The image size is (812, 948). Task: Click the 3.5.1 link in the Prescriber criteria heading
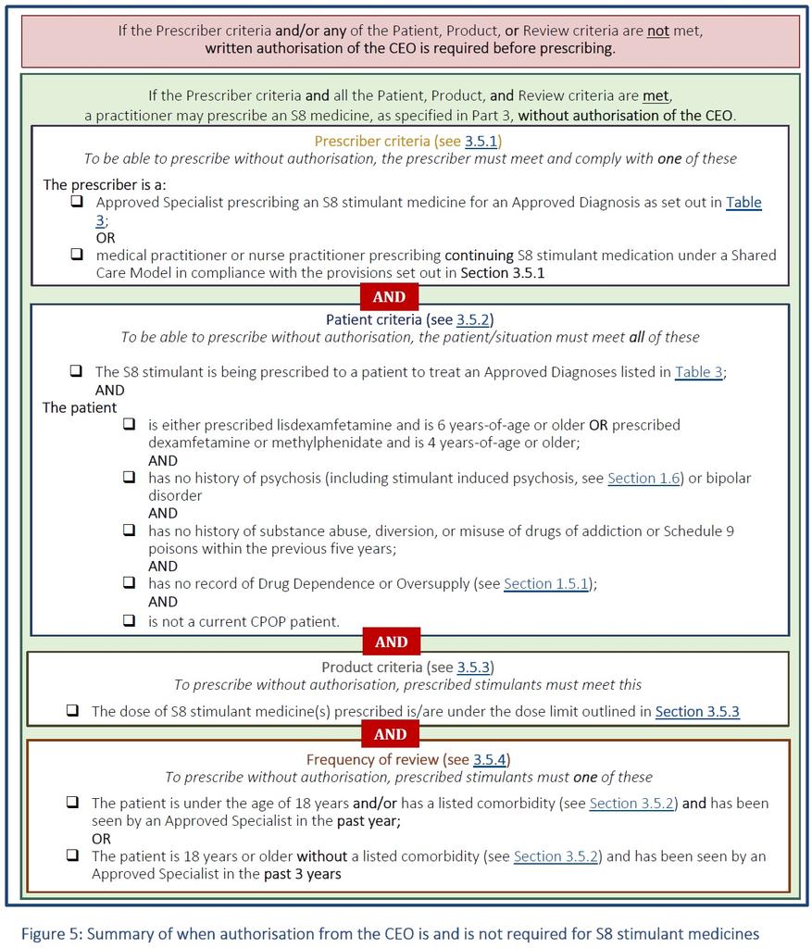[x=481, y=142]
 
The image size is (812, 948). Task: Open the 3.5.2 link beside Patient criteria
[x=474, y=319]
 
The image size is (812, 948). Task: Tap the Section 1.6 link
[x=643, y=478]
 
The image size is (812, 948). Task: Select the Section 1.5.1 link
[x=545, y=583]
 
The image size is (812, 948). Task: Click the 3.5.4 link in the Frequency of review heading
[x=491, y=759]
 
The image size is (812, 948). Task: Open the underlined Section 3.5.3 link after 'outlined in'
[x=697, y=711]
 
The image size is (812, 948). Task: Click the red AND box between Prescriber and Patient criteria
[x=389, y=297]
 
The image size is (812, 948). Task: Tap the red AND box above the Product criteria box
[x=391, y=642]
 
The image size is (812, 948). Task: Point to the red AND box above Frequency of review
[x=390, y=733]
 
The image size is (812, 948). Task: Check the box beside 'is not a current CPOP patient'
[x=130, y=620]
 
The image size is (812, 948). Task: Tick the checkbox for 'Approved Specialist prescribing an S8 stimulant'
[x=77, y=201]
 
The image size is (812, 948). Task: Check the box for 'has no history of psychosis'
[x=130, y=478]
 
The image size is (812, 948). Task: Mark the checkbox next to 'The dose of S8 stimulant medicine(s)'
[x=72, y=711]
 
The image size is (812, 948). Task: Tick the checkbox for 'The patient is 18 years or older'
[x=72, y=856]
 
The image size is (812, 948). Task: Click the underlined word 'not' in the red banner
[x=657, y=30]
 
